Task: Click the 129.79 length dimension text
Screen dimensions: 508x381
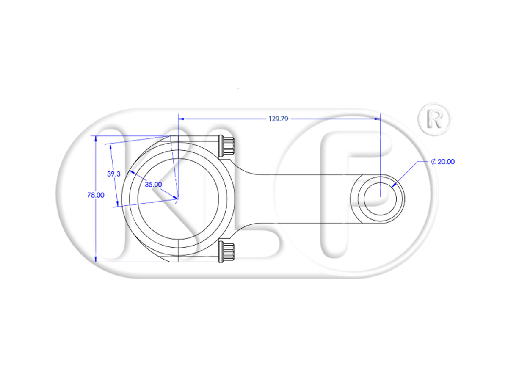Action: coord(278,119)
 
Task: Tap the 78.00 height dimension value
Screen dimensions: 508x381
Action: coord(96,195)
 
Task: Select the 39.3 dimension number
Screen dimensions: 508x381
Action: coord(113,174)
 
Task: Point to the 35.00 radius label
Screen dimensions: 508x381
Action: coord(153,185)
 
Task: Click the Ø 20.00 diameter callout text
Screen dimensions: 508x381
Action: coord(443,162)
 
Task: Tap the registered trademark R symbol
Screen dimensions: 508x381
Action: coord(434,119)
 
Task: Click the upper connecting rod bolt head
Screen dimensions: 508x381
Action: coord(226,146)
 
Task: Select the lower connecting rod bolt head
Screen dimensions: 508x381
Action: coord(226,252)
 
